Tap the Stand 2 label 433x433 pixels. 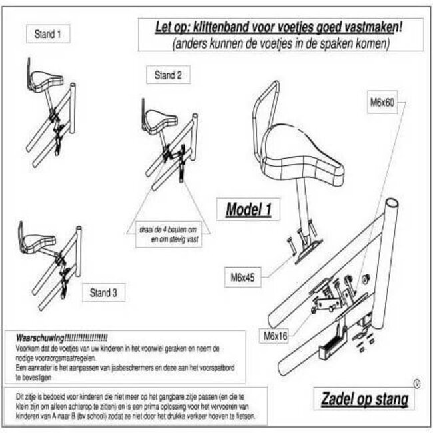(167, 75)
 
